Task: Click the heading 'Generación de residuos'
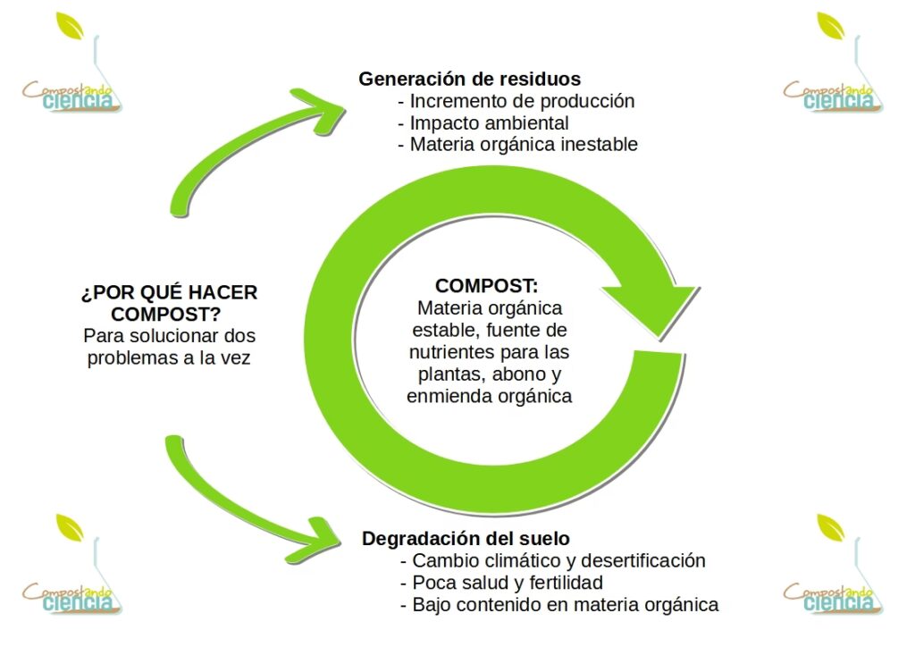[470, 79]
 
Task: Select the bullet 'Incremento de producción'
[522, 101]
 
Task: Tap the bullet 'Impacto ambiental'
[489, 122]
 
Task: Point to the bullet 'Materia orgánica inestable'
[524, 144]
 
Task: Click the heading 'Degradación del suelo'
[466, 539]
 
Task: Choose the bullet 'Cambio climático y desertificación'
[558, 560]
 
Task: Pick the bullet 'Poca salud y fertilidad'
[507, 583]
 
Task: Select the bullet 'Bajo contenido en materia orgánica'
[565, 605]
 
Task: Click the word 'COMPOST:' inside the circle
[487, 286]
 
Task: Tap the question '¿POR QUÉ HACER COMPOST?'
[169, 304]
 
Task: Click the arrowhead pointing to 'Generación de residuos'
[322, 107]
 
